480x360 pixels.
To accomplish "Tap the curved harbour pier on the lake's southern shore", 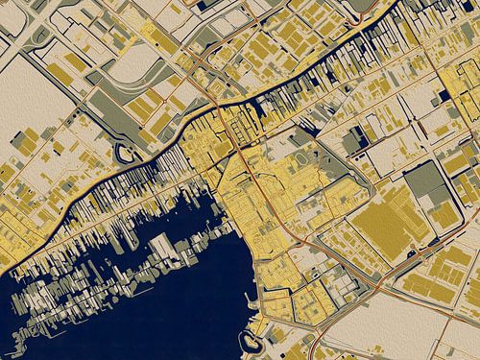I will coord(252,341).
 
